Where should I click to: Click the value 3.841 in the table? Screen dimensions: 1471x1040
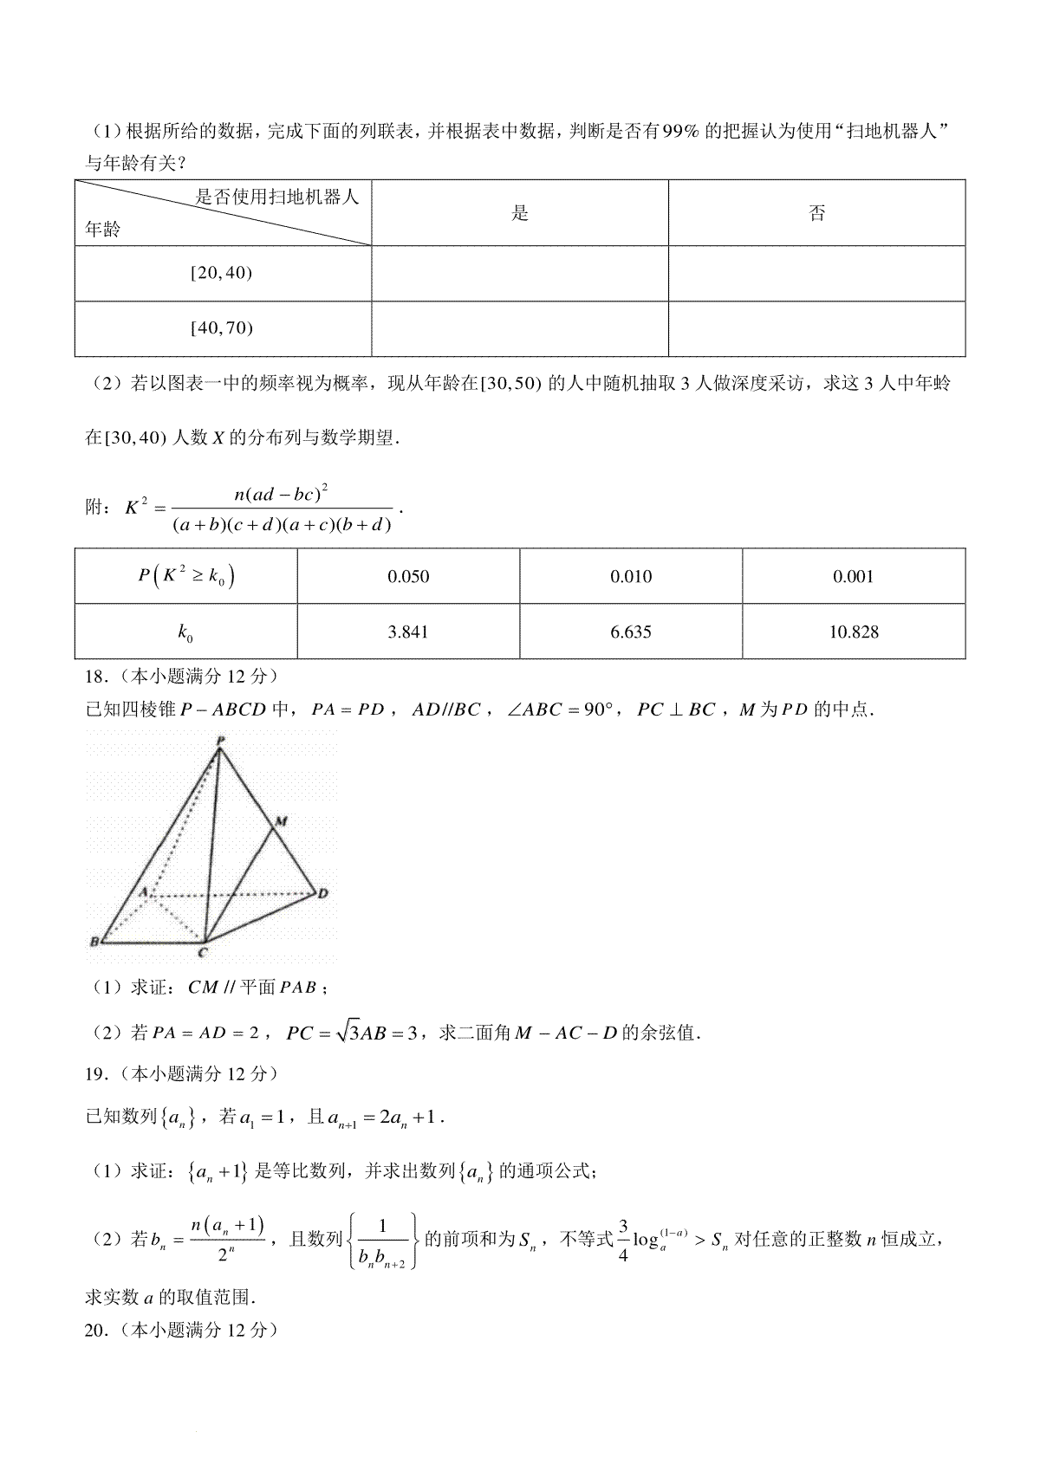408,632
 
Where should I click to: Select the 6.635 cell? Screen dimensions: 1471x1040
631,632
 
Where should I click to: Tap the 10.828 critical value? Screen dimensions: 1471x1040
854,632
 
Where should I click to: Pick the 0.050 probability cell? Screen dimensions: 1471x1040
408,577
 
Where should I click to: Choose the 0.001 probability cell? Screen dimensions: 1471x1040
854,577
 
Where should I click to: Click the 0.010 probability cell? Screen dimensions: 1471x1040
631,577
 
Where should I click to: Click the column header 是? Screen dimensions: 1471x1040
520,213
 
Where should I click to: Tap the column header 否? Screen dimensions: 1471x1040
817,213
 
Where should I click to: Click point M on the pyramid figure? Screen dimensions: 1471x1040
282,820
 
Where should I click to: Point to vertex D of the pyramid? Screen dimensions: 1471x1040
322,893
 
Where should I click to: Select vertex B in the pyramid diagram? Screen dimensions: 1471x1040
94,942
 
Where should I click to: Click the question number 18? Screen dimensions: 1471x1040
94,676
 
